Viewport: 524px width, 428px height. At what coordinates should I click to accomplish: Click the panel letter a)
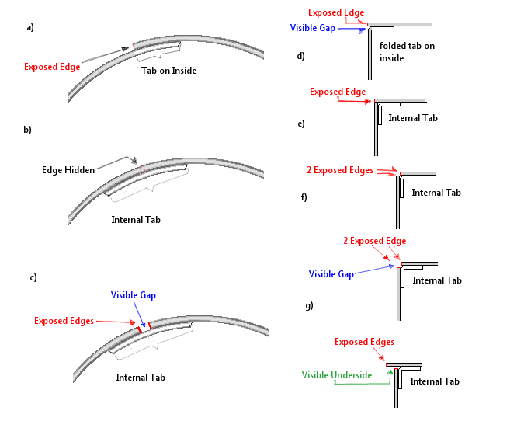coord(30,27)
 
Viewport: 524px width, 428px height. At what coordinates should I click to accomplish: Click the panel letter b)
coord(27,130)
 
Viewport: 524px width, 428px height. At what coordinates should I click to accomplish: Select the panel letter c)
coord(33,277)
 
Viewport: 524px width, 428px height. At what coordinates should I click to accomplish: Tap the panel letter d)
coord(300,56)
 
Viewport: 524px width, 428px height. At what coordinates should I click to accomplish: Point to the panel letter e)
coord(301,124)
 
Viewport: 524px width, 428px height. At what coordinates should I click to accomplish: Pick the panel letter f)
coord(304,197)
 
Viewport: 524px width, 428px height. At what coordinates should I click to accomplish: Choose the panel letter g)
coord(310,305)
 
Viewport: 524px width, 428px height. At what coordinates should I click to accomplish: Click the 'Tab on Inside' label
coord(168,71)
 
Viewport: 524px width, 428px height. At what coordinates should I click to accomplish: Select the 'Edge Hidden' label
coord(68,170)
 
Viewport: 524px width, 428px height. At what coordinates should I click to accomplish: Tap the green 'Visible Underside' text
coord(337,375)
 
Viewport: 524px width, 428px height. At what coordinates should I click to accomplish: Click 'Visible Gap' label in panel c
coord(134,295)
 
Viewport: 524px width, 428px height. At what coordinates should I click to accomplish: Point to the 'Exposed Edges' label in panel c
coord(64,321)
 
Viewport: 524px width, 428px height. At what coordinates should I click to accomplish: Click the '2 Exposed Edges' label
coord(340,170)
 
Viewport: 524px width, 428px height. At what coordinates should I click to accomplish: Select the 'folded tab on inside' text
coord(407,52)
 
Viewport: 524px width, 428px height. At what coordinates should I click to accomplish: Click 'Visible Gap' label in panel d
coord(313,28)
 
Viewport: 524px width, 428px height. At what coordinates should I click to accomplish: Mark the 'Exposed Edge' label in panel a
coord(52,67)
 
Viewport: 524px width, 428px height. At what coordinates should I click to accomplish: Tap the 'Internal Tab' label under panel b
coord(136,220)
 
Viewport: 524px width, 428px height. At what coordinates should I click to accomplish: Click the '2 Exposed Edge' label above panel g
coord(375,241)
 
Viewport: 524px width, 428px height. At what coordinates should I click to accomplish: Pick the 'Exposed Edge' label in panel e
coord(338,92)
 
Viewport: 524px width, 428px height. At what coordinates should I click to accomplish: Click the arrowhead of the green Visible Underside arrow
coord(390,372)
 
